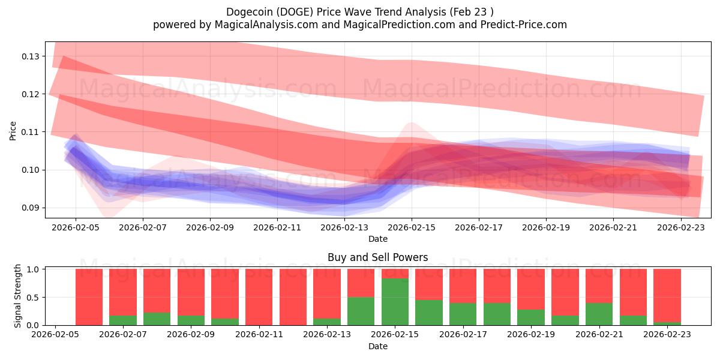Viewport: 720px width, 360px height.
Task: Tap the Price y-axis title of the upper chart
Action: click(x=13, y=130)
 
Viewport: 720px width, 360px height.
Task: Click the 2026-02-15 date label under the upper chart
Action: click(x=412, y=228)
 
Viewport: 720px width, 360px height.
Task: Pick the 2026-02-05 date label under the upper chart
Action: click(x=76, y=228)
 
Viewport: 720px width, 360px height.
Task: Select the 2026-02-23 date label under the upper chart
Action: click(x=680, y=228)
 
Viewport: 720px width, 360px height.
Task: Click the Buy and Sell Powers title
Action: click(x=377, y=257)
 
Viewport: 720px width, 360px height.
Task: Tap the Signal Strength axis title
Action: click(x=18, y=296)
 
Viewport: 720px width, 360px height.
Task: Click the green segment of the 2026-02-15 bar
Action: click(x=395, y=302)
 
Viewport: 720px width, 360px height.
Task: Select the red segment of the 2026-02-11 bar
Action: click(x=259, y=297)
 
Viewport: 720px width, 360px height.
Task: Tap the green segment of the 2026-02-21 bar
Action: click(x=599, y=314)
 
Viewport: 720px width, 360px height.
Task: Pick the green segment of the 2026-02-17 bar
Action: click(x=463, y=314)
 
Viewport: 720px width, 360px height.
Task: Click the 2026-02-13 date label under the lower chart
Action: click(x=327, y=335)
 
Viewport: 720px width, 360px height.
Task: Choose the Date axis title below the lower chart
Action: click(x=377, y=346)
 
